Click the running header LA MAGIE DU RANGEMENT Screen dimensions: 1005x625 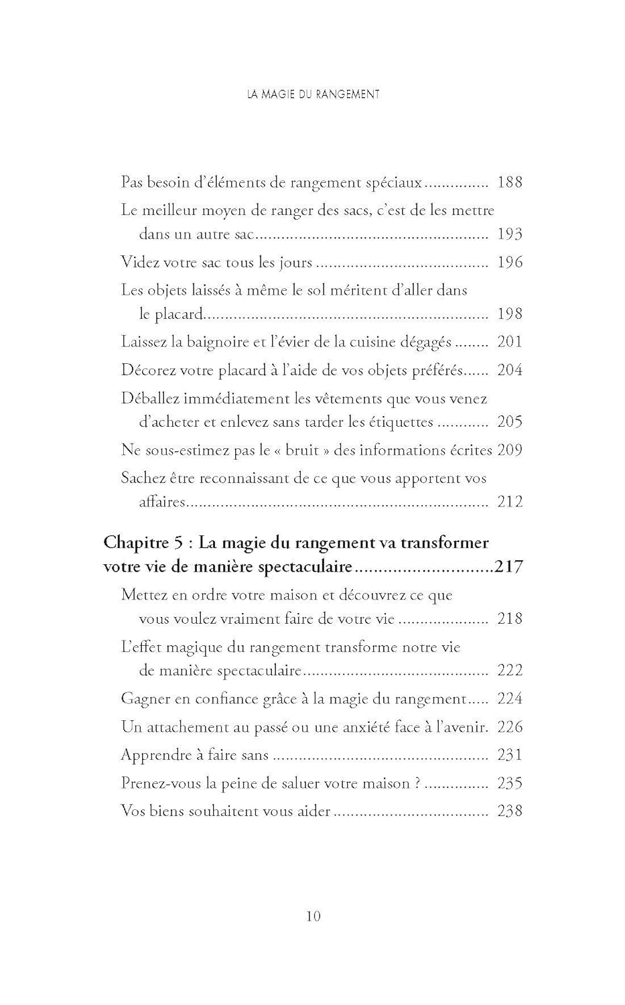coord(313,94)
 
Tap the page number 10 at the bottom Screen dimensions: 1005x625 coord(313,916)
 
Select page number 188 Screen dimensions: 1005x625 coord(510,182)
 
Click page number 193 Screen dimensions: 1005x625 coord(510,234)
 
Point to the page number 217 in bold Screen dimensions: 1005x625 coord(508,567)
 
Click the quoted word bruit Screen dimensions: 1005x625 coord(302,450)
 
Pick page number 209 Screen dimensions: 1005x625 coord(510,450)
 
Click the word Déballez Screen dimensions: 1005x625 coord(150,399)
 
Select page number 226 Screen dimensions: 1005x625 coord(510,727)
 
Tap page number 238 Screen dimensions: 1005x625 coord(510,811)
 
